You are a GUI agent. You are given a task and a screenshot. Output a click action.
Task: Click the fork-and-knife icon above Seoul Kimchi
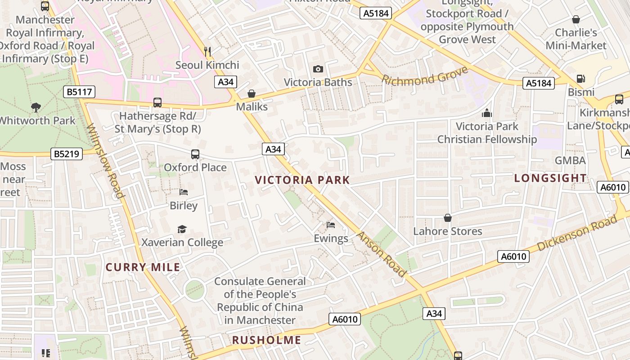point(207,52)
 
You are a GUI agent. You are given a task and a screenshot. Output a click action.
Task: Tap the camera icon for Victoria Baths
point(318,69)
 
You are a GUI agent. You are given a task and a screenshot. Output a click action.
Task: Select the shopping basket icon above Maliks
point(252,94)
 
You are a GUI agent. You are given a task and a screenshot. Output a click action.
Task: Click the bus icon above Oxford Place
point(195,154)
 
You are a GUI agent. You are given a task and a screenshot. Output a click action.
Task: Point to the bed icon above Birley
point(184,192)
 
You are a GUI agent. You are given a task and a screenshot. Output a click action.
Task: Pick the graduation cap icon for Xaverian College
point(182,229)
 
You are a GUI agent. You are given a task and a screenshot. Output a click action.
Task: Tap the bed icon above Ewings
point(331,225)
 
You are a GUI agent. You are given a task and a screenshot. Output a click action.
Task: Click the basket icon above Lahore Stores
point(448,218)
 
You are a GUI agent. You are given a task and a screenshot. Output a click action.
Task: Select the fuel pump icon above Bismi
point(581,79)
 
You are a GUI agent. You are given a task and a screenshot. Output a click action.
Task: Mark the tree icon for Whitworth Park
point(36,108)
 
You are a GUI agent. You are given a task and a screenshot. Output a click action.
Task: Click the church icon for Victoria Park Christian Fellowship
point(487,113)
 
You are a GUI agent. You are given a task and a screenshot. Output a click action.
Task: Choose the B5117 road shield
point(79,92)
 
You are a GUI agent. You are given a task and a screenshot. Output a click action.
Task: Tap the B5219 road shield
point(67,154)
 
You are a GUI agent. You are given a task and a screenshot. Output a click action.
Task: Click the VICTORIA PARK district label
point(302,180)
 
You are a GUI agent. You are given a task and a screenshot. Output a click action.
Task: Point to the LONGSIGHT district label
point(550,178)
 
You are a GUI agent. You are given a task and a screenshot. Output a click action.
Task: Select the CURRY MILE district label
point(143,267)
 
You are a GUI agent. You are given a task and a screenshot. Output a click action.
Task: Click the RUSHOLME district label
point(266,340)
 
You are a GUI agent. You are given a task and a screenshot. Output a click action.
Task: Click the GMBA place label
point(570,161)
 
